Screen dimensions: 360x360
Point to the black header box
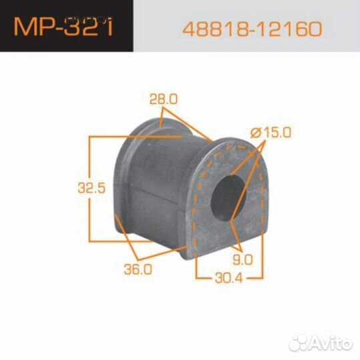click(66, 27)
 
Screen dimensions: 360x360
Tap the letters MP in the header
click(35, 28)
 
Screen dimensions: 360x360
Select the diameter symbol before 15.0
click(255, 133)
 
